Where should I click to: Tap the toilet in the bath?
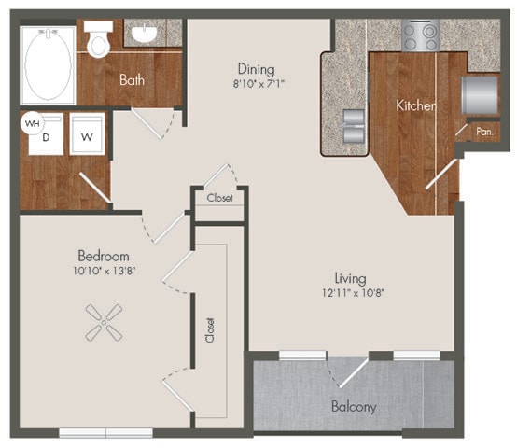click(98, 39)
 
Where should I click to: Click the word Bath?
click(132, 80)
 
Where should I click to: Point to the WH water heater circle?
click(33, 122)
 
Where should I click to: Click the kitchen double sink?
click(355, 123)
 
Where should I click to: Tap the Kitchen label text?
click(415, 106)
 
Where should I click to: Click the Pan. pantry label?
click(484, 133)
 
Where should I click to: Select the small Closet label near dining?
click(220, 198)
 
